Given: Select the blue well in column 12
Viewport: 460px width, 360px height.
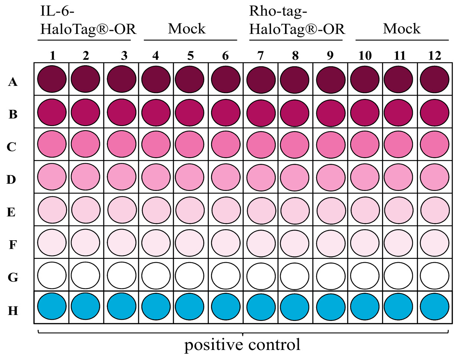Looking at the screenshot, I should coord(434,307).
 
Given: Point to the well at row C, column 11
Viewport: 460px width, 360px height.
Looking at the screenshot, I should coord(399,145).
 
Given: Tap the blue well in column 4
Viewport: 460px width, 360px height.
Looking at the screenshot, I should coord(156,307).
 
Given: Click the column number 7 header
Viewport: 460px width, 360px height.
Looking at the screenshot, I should coord(260,56).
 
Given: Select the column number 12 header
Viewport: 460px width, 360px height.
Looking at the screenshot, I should coord(434,56).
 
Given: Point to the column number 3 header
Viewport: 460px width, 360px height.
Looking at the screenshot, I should coord(124,56).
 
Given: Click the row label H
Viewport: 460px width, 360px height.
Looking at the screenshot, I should coord(13,311).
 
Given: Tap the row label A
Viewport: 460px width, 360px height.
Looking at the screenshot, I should coord(13,81).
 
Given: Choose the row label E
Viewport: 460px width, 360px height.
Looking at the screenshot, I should coord(12,212).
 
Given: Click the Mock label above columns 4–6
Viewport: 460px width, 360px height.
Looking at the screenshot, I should coord(187,29).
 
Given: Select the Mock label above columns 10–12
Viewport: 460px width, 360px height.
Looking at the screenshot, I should coord(402,29).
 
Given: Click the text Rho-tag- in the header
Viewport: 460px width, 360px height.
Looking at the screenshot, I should coord(278,12).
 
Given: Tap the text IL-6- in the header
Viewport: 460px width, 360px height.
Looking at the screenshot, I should coord(58,12).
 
